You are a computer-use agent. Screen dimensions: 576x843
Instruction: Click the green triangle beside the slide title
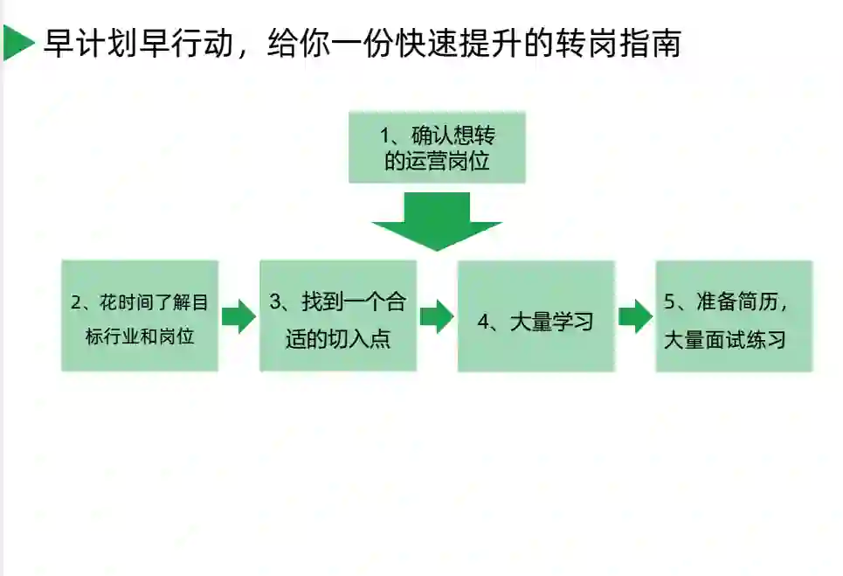[x=16, y=43]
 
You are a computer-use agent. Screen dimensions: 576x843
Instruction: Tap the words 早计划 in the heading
[x=81, y=43]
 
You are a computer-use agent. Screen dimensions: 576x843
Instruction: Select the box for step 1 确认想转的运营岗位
[x=437, y=148]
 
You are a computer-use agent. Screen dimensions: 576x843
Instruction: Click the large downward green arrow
[x=437, y=221]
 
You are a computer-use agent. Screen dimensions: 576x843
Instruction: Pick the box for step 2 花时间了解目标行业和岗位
[x=140, y=316]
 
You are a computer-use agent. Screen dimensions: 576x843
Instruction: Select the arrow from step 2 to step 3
[x=238, y=316]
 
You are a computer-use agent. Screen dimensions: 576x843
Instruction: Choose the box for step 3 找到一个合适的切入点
[x=338, y=316]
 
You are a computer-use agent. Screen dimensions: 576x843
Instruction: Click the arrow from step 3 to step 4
[x=437, y=316]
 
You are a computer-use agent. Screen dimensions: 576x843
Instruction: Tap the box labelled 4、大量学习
[x=536, y=316]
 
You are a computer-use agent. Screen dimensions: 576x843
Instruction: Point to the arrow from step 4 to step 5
[x=635, y=316]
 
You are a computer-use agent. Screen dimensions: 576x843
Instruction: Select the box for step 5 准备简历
[x=734, y=316]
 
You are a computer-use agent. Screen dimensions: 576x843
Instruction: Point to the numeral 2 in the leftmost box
[x=76, y=302]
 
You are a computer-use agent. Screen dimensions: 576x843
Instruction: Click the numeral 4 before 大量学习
[x=483, y=322]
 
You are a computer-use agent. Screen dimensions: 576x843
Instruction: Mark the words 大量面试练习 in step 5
[x=724, y=340]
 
